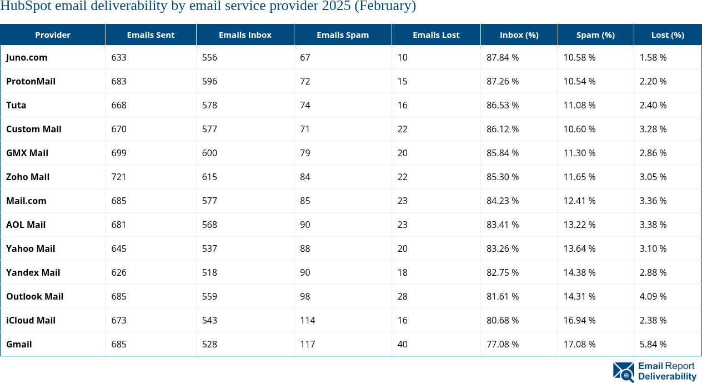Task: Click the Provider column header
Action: click(53, 34)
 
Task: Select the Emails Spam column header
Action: click(343, 34)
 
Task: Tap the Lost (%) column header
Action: click(668, 34)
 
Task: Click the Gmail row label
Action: click(19, 344)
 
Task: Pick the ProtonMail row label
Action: click(31, 81)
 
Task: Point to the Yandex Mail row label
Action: click(33, 272)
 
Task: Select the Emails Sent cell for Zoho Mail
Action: click(119, 177)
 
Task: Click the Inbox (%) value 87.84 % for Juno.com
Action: click(503, 57)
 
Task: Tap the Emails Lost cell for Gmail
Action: click(403, 344)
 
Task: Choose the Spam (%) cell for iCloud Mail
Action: click(579, 320)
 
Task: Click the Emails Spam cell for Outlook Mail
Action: click(305, 296)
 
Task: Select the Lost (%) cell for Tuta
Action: click(653, 105)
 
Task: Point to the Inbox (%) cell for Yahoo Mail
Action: click(503, 248)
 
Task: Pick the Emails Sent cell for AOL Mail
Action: click(119, 225)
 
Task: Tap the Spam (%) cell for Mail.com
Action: click(579, 201)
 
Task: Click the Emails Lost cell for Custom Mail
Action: click(403, 129)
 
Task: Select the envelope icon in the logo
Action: click(623, 372)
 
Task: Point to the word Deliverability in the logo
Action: click(667, 377)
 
